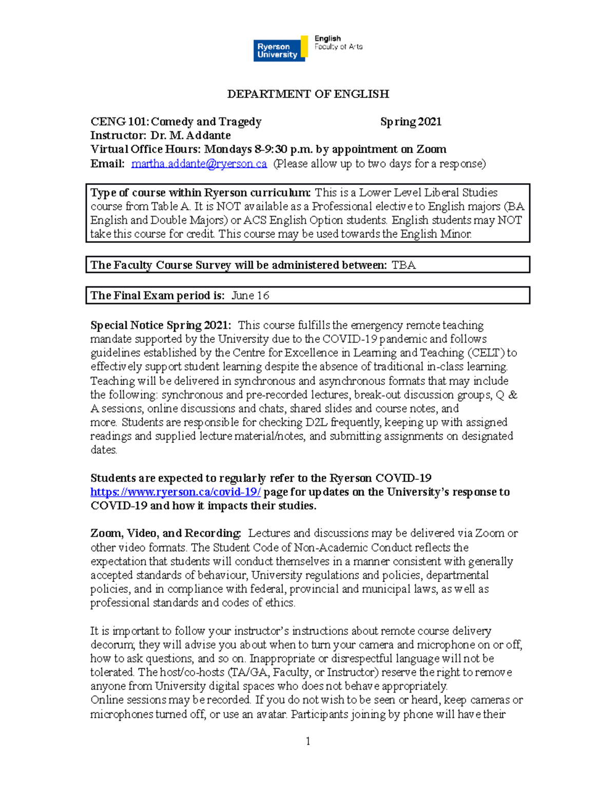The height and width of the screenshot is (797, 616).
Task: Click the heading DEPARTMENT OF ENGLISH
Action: tap(308, 94)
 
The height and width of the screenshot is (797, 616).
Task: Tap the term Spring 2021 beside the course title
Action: tap(411, 122)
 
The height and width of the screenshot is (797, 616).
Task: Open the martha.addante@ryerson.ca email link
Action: tap(199, 164)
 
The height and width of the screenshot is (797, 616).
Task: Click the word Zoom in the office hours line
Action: tap(431, 149)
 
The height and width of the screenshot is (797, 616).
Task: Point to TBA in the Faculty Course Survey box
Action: tap(403, 265)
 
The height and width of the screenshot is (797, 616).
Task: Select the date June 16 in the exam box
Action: tap(250, 296)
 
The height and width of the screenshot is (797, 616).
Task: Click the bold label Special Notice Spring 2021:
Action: tap(161, 325)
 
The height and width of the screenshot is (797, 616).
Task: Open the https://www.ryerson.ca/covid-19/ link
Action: tap(176, 492)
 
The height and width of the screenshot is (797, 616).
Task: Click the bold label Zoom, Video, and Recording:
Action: tap(165, 533)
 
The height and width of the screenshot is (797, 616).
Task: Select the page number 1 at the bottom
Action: tap(308, 741)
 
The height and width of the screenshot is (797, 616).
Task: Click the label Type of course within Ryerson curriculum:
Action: tap(200, 193)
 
